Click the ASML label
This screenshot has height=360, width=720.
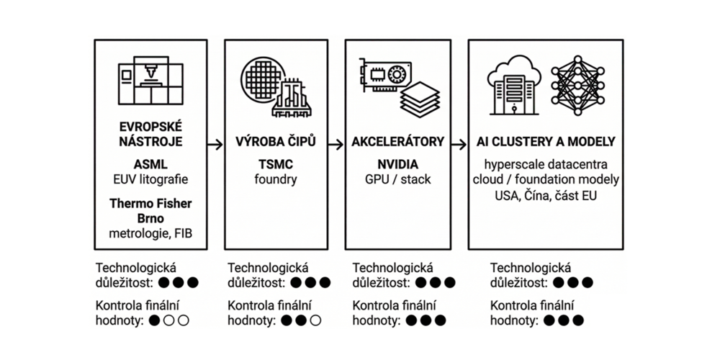(150, 164)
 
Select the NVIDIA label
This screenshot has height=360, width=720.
(397, 164)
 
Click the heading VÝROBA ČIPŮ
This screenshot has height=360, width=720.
(276, 142)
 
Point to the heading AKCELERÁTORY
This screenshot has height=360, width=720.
(397, 142)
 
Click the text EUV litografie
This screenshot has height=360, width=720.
(150, 179)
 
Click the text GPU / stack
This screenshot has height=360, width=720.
(397, 179)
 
